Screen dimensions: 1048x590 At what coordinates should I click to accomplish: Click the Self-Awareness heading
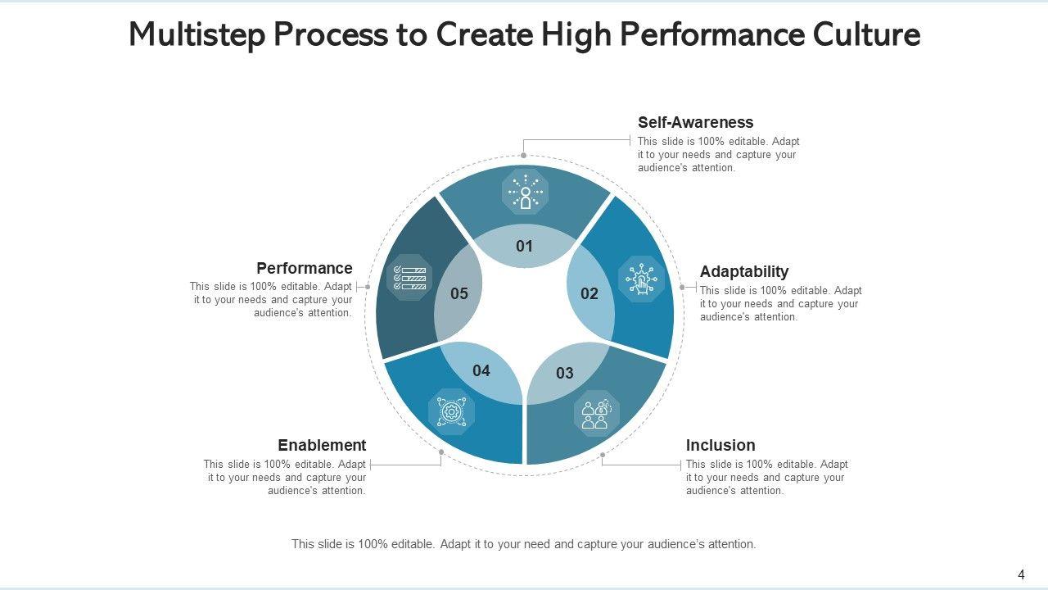coord(695,123)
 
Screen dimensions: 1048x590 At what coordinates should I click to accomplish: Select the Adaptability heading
coord(743,271)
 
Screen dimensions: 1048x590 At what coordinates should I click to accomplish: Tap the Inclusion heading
coord(720,446)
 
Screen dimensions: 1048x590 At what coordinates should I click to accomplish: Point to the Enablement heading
coord(322,446)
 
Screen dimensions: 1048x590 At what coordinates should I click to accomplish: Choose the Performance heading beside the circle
coord(304,269)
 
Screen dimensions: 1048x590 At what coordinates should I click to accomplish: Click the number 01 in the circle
coord(525,247)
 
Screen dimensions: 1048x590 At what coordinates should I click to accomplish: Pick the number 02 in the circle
coord(589,294)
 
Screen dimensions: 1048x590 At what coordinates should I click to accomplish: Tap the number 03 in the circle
coord(565,374)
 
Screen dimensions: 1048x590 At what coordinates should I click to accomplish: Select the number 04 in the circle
coord(481,371)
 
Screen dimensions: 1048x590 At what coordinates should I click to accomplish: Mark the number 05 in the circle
coord(459,294)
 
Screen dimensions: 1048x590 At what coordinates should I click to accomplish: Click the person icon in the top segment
coord(525,193)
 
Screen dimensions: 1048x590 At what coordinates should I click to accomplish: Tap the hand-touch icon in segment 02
coord(641,279)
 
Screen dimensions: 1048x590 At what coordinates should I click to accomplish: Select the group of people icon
coord(595,413)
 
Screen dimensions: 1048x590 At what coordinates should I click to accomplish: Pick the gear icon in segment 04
coord(451,411)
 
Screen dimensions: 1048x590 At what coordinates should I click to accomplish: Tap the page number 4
coord(1021,574)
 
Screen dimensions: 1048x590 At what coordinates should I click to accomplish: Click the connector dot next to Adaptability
coord(682,288)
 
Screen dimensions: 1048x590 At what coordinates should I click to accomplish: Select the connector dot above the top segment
coord(523,155)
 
